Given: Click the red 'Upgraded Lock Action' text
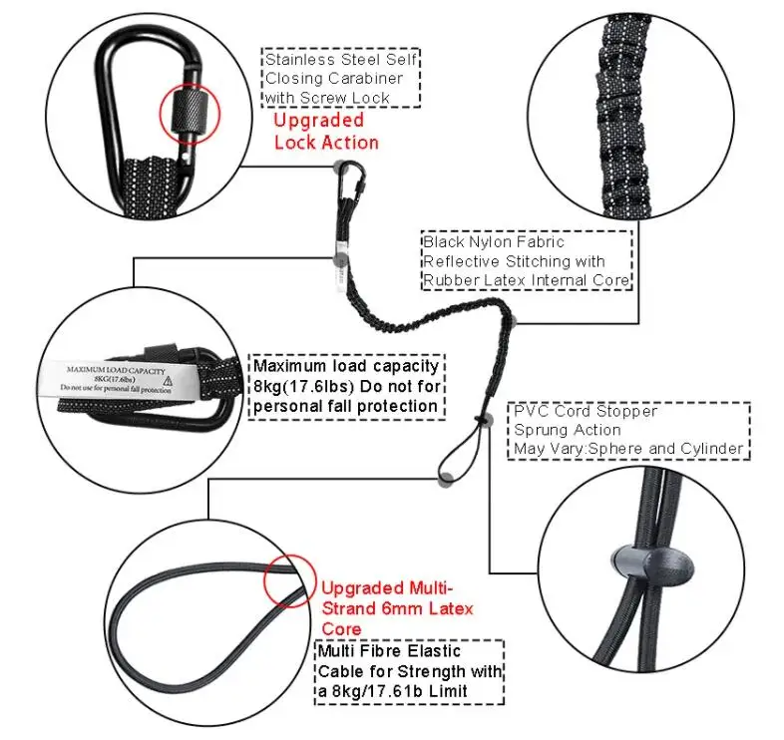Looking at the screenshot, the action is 326,131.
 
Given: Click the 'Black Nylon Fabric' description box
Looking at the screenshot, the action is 526,260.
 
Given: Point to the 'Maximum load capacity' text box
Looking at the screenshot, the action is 345,386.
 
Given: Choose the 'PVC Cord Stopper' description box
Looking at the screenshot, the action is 628,430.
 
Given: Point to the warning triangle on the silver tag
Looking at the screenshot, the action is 169,380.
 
